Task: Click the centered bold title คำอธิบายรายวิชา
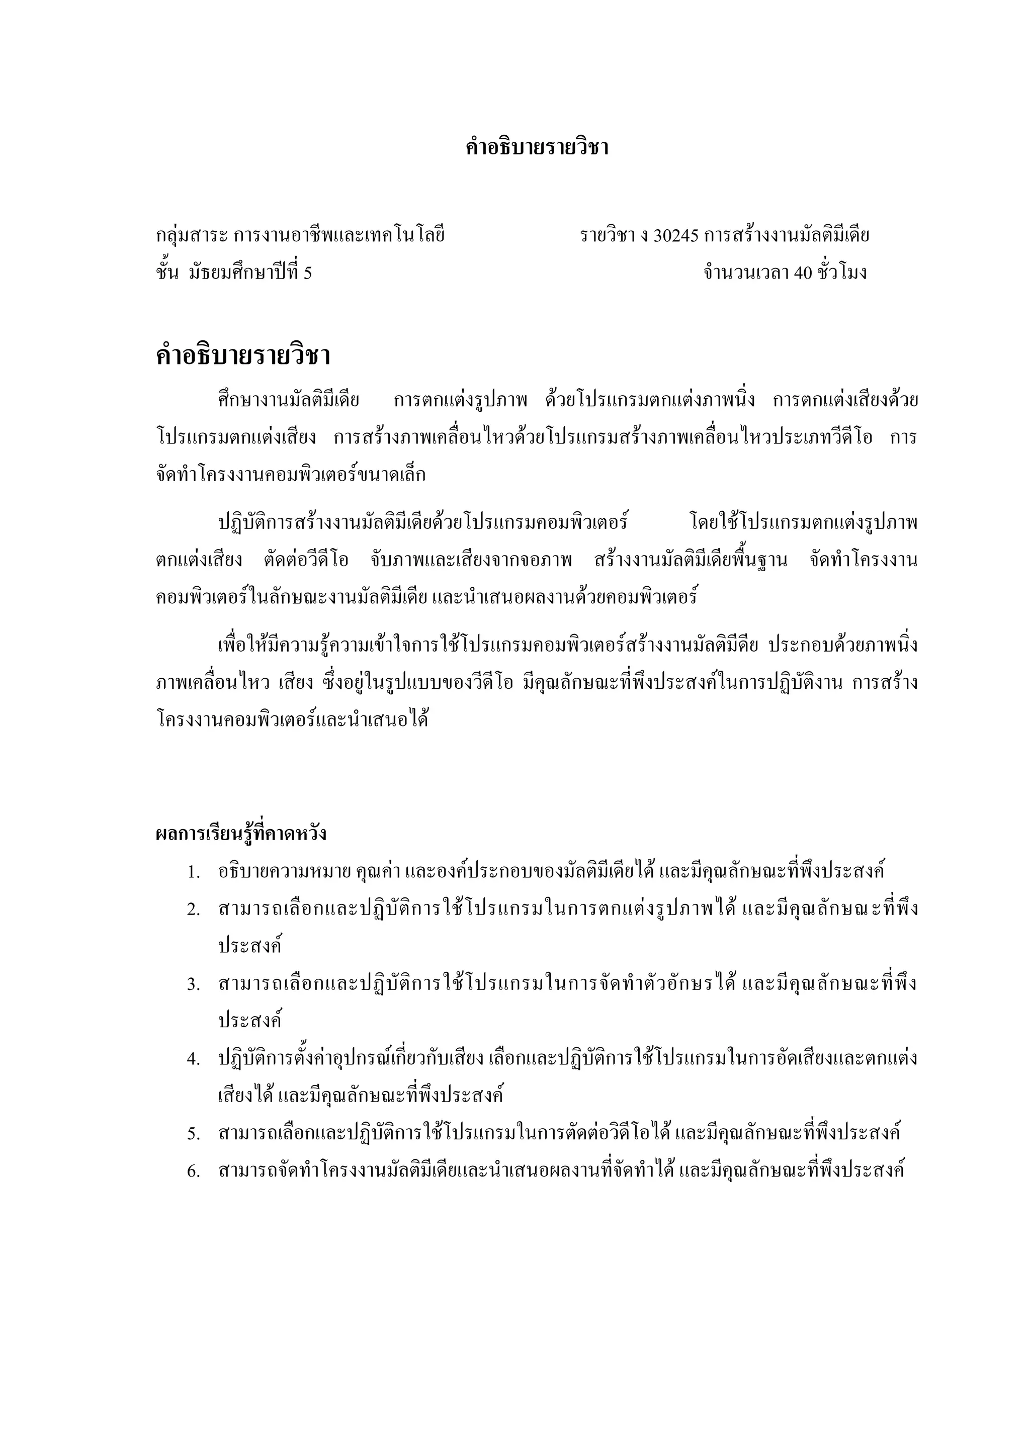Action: (537, 148)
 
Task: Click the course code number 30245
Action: (675, 236)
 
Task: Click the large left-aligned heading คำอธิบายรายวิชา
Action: (243, 356)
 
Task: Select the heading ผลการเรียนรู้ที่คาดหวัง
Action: (241, 833)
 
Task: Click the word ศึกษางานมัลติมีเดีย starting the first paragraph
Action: (289, 401)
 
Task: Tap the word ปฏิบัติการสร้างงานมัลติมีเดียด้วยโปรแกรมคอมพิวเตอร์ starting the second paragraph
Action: (423, 523)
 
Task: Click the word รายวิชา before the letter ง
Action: (607, 236)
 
